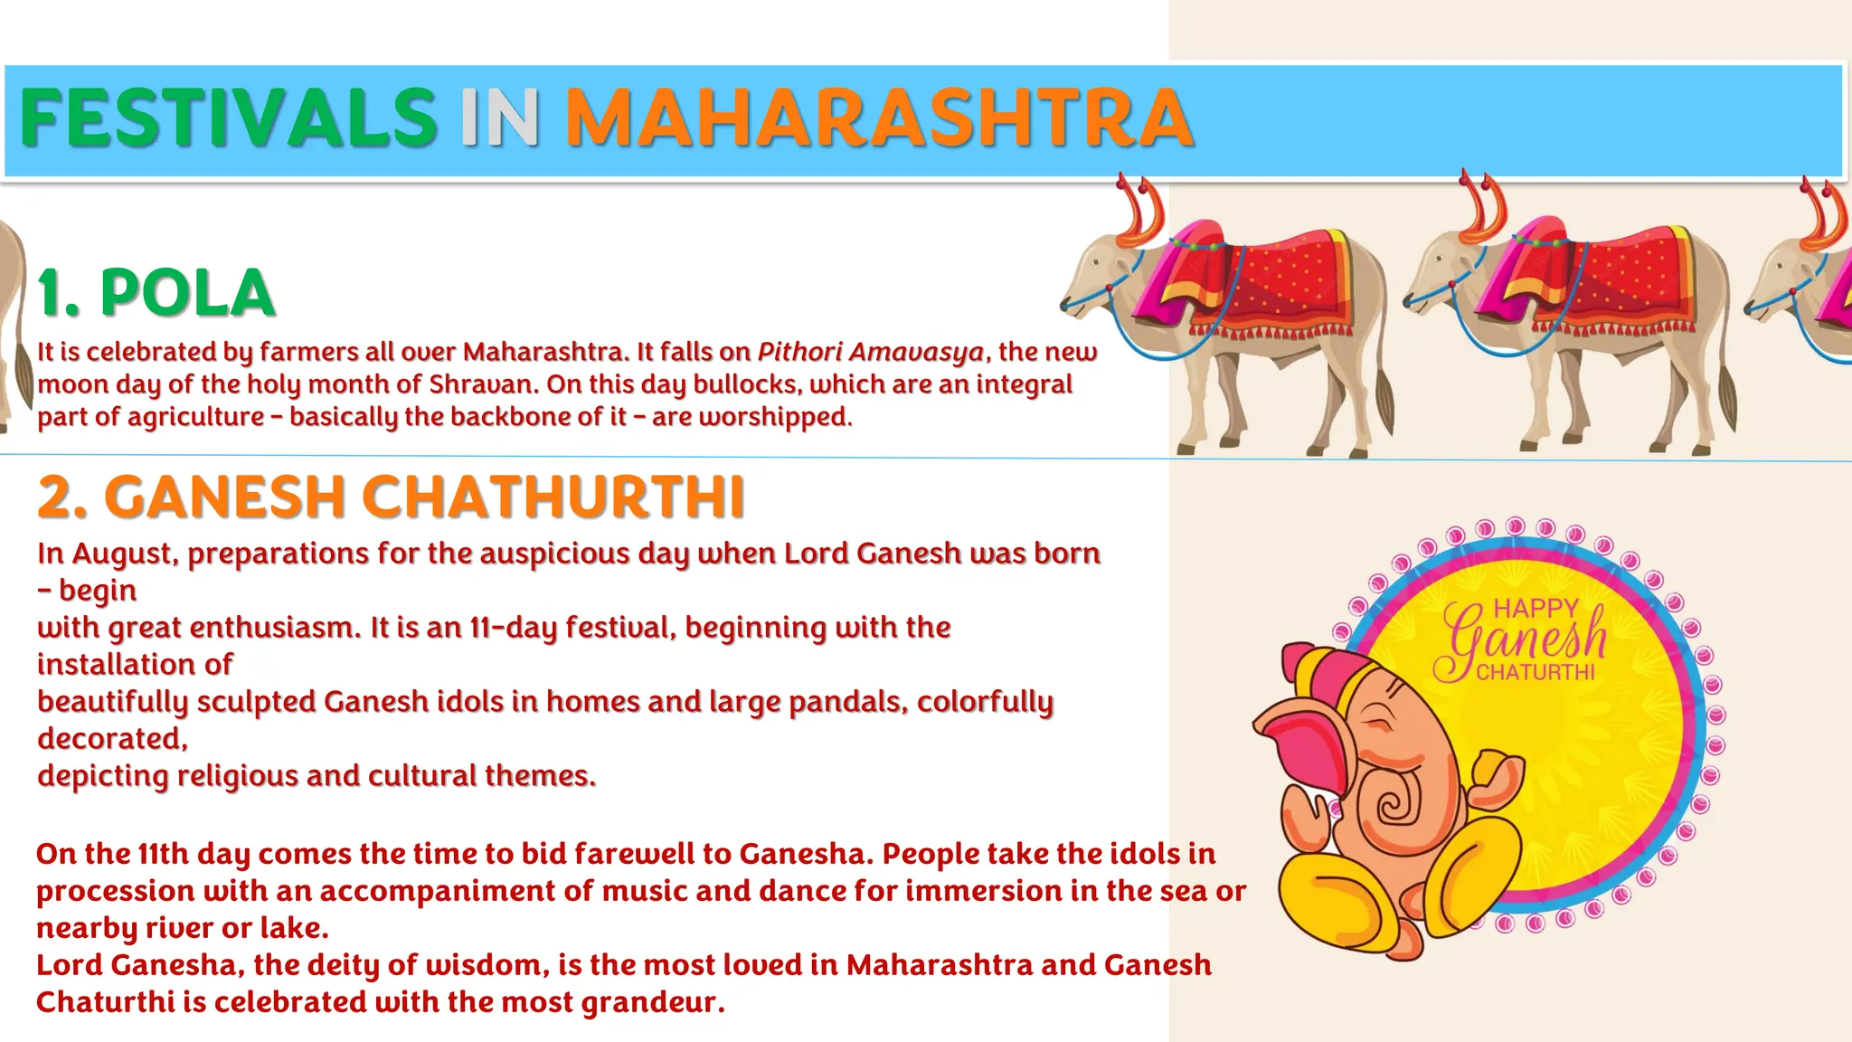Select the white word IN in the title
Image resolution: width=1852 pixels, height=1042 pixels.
500,118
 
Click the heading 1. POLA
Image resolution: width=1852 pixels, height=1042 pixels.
156,293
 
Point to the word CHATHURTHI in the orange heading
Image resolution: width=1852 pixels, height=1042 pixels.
553,497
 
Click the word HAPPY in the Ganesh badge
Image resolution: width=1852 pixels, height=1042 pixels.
1535,608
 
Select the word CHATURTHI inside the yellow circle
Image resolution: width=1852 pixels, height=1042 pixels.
1535,672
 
